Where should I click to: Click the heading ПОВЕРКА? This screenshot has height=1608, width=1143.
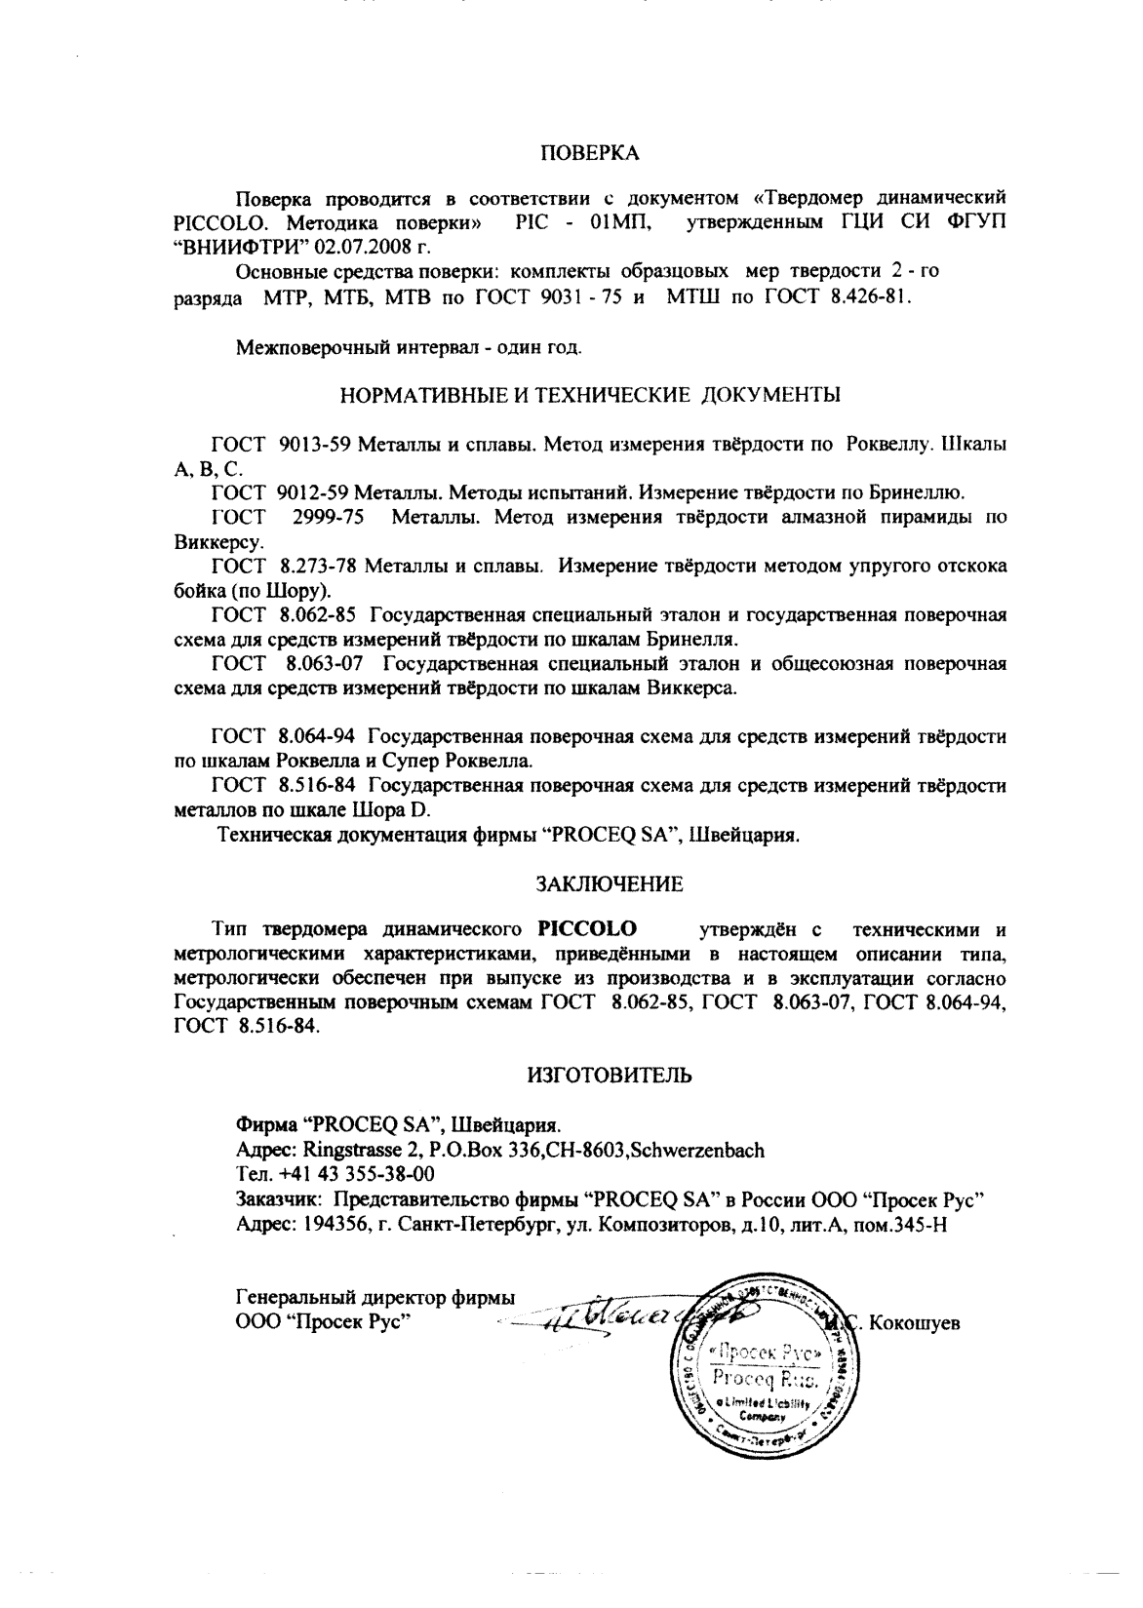click(x=590, y=154)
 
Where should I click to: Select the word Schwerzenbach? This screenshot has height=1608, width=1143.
click(x=697, y=1150)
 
